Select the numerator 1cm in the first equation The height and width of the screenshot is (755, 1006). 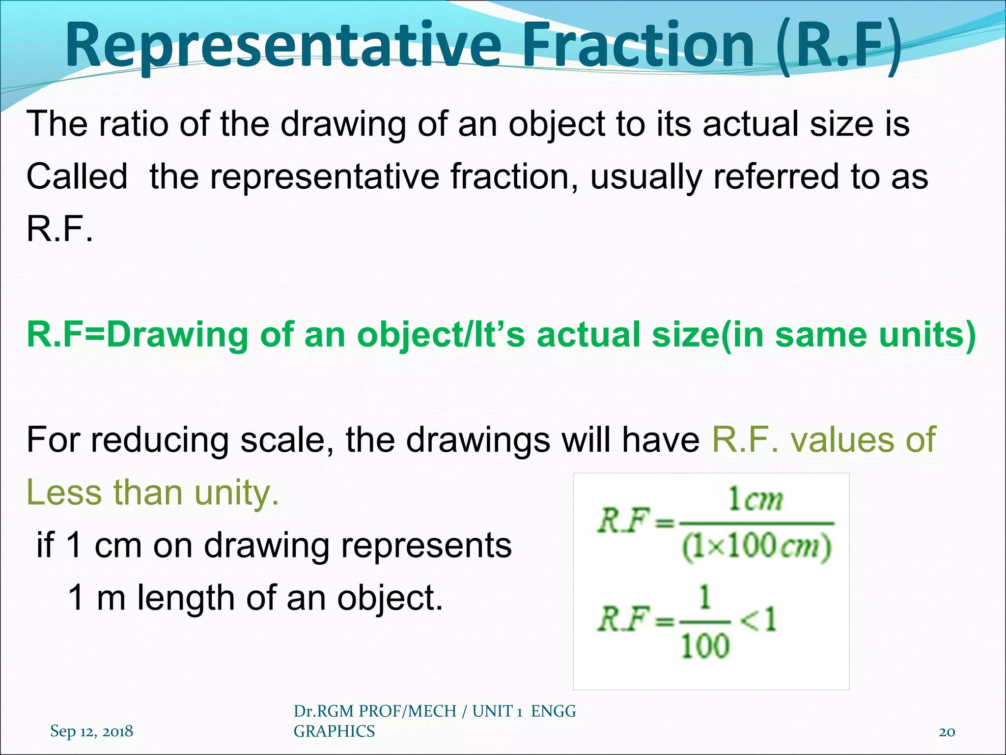[x=755, y=500]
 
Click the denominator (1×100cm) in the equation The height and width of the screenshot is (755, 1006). [x=756, y=547]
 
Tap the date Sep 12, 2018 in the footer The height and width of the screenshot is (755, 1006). [x=91, y=731]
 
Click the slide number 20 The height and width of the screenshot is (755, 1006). [x=947, y=732]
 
